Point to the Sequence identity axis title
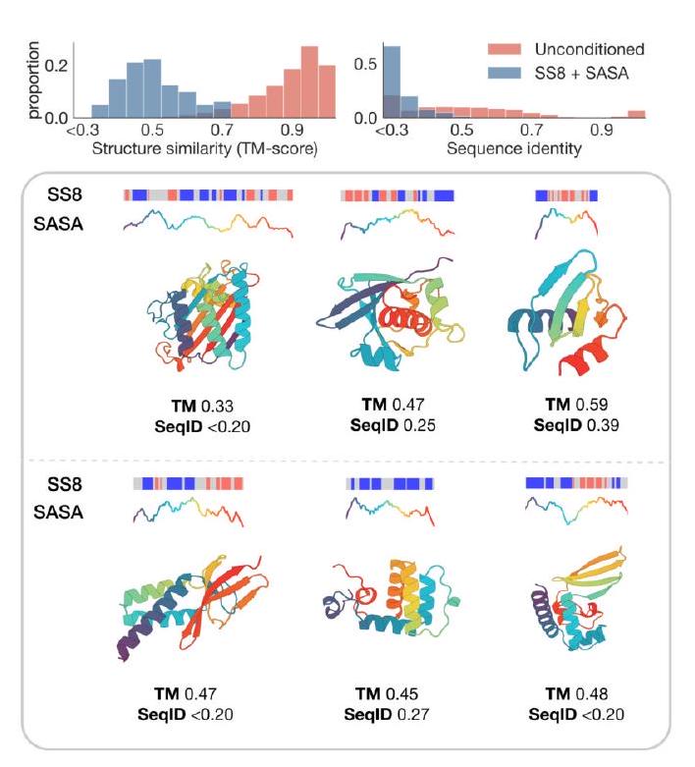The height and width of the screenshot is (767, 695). (513, 148)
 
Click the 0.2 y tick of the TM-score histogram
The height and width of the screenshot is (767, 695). (58, 65)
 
